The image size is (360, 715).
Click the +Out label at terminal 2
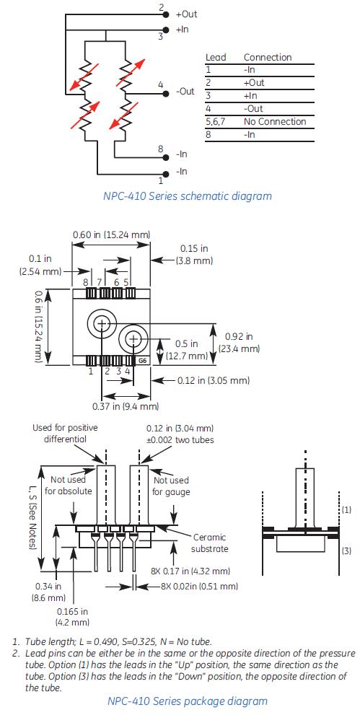point(186,14)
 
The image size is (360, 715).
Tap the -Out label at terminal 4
point(185,92)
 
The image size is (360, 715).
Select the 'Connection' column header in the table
point(268,57)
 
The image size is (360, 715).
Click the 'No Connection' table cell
point(275,121)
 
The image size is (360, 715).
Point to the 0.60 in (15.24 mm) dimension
point(111,234)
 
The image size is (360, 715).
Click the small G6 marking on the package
point(142,360)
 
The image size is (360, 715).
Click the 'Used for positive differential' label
point(65,434)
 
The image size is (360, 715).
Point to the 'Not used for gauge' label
point(172,486)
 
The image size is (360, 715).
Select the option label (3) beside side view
point(346,550)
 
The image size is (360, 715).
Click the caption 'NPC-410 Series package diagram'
point(187,701)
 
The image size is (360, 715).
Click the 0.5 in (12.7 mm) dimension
point(187,350)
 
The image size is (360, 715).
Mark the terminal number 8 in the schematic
point(162,149)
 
